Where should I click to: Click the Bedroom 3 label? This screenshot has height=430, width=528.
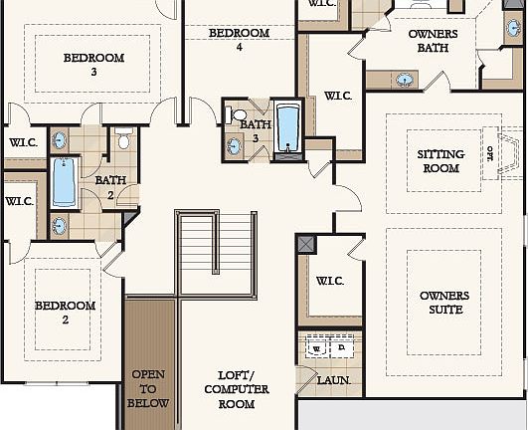click(93, 64)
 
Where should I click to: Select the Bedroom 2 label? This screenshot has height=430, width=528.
click(66, 313)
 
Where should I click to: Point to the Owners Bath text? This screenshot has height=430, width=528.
click(434, 40)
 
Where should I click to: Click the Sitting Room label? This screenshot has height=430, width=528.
click(439, 161)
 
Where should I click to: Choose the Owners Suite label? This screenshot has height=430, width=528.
click(444, 304)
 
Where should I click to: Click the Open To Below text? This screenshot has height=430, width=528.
click(149, 389)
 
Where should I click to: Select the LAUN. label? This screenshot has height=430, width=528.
click(331, 380)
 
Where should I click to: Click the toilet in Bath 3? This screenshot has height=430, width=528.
click(239, 116)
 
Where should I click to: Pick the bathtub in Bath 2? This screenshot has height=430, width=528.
click(63, 182)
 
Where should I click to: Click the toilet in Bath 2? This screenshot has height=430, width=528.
click(123, 136)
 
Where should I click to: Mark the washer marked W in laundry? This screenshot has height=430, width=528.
click(317, 349)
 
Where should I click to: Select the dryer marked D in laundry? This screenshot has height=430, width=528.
click(340, 349)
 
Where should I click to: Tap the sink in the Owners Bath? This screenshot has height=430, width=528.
click(406, 79)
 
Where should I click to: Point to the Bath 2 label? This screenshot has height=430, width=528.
click(110, 186)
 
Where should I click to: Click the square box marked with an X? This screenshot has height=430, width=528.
click(305, 244)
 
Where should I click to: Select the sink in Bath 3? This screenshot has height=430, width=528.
click(235, 146)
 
